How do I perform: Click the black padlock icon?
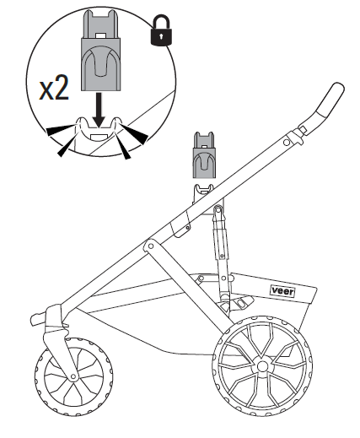(161, 30)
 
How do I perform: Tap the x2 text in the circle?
(54, 88)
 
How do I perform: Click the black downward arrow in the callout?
(99, 110)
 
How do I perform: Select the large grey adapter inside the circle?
(100, 50)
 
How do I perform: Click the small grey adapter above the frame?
(204, 155)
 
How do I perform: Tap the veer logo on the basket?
(282, 291)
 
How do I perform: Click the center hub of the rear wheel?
(262, 366)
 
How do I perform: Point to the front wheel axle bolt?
(73, 376)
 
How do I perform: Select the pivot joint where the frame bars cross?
(151, 246)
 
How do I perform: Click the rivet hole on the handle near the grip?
(287, 143)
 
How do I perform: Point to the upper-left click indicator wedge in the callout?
(61, 130)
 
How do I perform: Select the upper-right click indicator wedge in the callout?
(134, 133)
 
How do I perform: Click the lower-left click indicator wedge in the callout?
(67, 145)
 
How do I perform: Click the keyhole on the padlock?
(161, 36)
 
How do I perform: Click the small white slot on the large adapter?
(100, 36)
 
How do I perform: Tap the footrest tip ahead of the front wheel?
(36, 320)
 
